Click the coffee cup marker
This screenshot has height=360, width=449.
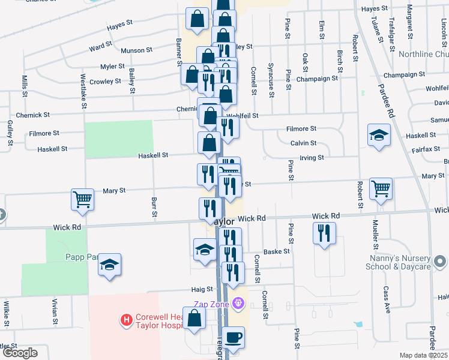tap(234, 337)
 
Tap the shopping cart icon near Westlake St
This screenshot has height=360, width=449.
tap(82, 199)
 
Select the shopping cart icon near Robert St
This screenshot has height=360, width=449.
tap(381, 188)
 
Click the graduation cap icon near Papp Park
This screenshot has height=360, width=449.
tap(110, 265)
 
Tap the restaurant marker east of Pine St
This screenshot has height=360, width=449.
tap(324, 232)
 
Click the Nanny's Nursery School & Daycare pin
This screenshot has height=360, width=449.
tap(440, 262)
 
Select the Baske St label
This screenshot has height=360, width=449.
tap(277, 251)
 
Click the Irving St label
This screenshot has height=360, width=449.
tap(312, 157)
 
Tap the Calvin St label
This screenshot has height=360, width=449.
tap(303, 143)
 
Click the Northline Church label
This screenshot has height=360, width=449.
tap(424, 54)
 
